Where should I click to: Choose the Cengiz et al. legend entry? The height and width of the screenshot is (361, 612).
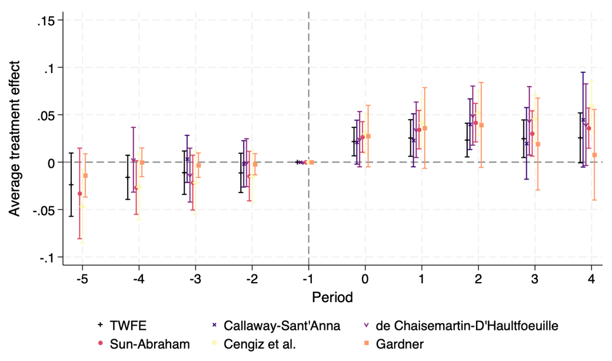tap(265, 345)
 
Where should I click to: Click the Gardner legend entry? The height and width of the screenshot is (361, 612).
tap(401, 345)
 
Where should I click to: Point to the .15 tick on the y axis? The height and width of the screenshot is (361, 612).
tap(45, 21)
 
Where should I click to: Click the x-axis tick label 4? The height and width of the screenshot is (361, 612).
tap(591, 277)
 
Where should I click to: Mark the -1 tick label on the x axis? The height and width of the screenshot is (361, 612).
tap(307, 277)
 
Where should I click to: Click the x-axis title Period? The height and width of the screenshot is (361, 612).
tap(332, 297)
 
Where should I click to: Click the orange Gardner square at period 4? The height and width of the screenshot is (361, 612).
tap(594, 155)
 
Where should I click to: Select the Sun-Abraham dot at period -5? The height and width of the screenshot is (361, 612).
tap(79, 193)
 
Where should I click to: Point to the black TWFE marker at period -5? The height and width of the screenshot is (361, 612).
tap(72, 184)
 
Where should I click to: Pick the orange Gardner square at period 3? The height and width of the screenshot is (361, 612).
tap(537, 144)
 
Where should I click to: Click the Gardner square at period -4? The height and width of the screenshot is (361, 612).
tap(142, 163)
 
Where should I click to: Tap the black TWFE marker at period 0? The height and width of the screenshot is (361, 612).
tap(354, 142)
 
